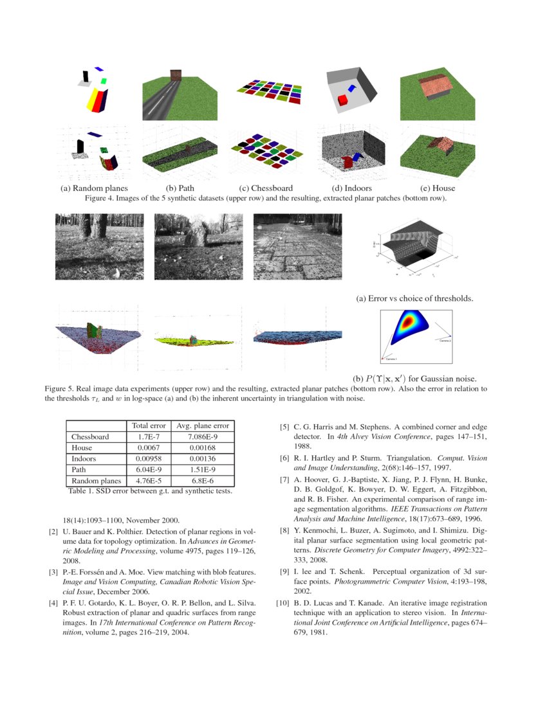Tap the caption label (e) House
pos(437,188)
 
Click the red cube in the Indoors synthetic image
pos(342,100)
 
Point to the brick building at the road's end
pos(174,75)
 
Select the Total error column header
pos(149,425)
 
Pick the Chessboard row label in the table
pos(91,436)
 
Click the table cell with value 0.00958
pos(149,458)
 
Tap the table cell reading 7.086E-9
pos(202,436)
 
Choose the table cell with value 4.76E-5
pos(149,480)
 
